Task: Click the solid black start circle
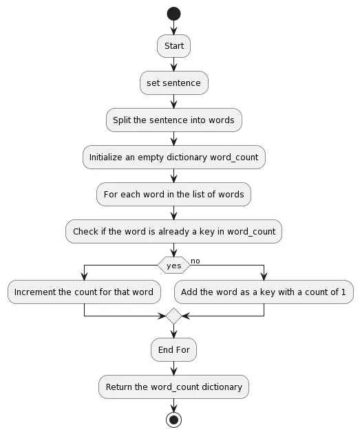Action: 173,14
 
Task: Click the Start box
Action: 173,46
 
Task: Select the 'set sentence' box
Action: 173,83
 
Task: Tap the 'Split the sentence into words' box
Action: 173,120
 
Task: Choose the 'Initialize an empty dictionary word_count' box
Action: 173,157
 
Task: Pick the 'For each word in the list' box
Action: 173,194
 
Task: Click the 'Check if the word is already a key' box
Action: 173,231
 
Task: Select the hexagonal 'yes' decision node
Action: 173,265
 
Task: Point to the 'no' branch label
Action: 195,261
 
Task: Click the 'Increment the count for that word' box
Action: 84,292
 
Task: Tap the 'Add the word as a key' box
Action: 264,292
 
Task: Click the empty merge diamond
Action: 173,316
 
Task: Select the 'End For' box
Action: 173,350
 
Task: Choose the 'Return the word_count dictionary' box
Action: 173,387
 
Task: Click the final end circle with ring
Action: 173,419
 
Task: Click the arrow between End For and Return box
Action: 173,369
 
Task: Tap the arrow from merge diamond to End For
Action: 173,332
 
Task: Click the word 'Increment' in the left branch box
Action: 36,292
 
